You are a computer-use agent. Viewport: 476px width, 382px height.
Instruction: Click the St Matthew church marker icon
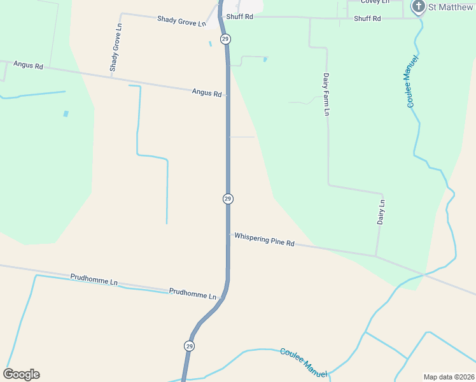point(418,7)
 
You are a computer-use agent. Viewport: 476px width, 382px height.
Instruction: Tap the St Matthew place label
point(451,7)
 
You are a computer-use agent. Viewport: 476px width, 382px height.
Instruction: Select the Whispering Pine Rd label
point(264,239)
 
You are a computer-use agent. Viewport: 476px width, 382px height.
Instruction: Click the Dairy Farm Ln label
point(326,94)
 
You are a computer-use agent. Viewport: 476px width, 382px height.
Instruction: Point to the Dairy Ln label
point(381,212)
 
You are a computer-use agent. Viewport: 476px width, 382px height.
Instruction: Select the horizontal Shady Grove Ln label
point(182,21)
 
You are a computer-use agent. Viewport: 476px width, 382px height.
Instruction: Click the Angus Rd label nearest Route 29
point(207,92)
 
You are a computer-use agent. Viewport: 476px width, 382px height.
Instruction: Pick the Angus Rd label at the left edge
point(28,66)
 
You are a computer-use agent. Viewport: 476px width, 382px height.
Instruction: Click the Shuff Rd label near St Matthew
point(367,18)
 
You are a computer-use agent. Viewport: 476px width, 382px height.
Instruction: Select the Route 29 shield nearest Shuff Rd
point(226,39)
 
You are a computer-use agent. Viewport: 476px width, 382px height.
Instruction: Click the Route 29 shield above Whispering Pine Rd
point(228,199)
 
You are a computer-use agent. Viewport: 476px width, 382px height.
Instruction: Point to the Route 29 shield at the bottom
point(190,346)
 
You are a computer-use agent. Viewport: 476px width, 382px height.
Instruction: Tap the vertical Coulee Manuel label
point(412,81)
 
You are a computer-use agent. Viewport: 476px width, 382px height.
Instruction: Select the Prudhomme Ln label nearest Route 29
point(193,294)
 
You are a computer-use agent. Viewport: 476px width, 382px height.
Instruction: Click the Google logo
point(21,374)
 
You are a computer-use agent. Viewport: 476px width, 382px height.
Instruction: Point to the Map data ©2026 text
point(449,377)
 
